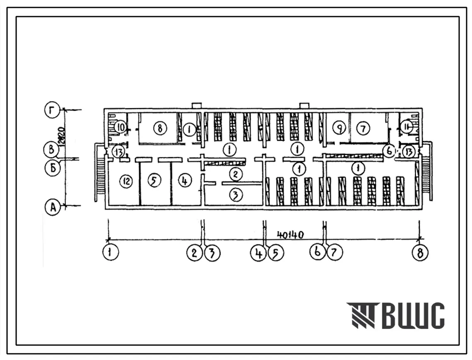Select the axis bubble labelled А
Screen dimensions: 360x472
tap(53, 208)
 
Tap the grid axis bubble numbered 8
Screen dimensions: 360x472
tap(420, 253)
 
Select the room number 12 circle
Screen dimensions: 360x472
tap(126, 181)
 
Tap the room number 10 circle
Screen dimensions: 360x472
tap(121, 126)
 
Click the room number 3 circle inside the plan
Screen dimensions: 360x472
tap(236, 196)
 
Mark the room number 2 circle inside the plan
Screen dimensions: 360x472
tap(236, 174)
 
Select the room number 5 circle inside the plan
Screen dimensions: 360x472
tap(154, 181)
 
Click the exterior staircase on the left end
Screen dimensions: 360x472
tap(99, 174)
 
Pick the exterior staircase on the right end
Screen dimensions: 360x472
tap(427, 174)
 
